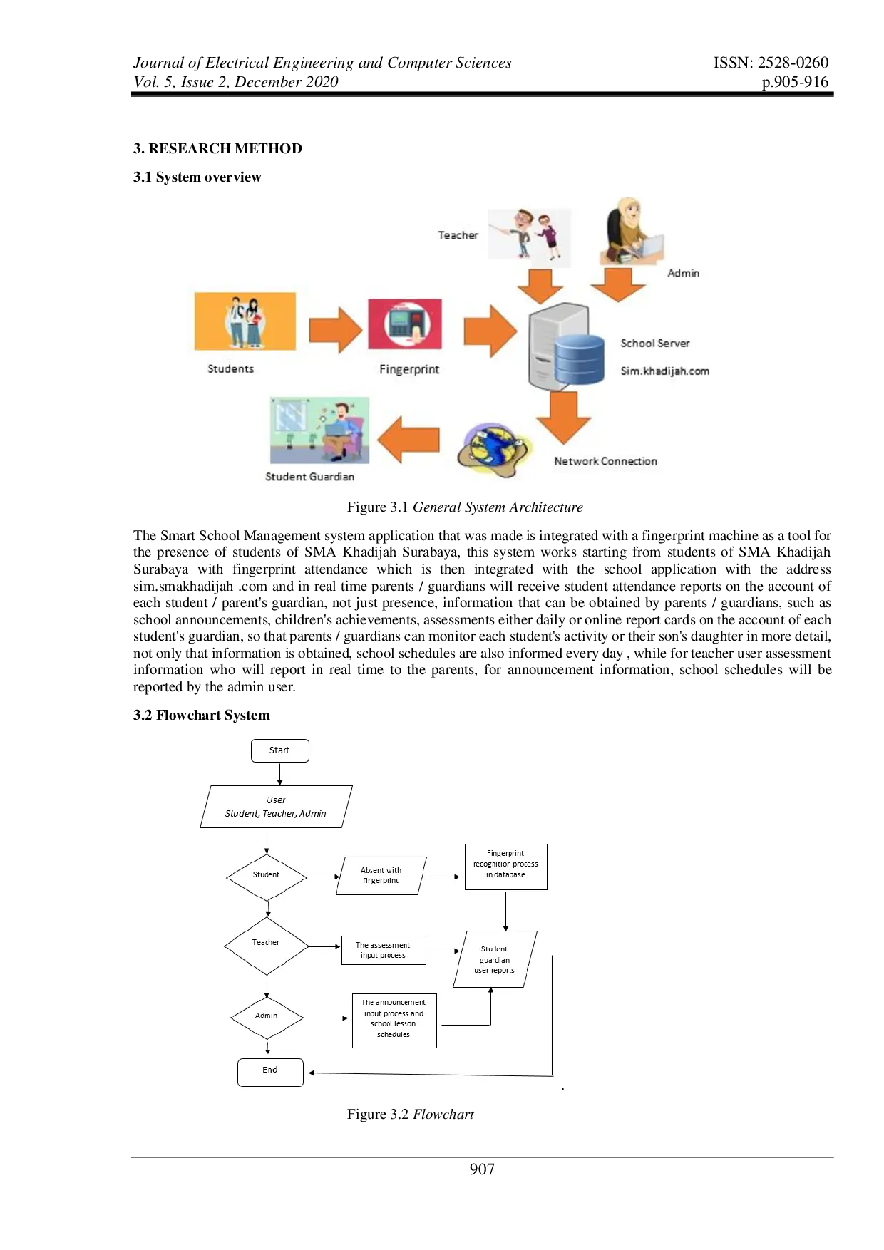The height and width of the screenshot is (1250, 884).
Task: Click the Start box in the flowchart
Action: coord(279,750)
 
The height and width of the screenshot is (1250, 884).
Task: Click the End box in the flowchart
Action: coord(270,1072)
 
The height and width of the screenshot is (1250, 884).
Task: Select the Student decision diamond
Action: coord(267,876)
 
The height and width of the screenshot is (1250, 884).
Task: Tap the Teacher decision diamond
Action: coord(266,944)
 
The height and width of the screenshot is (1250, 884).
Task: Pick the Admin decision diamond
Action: coord(267,1017)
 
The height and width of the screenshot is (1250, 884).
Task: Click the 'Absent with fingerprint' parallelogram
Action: coord(381,876)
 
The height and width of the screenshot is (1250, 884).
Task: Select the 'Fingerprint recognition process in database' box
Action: coord(505,865)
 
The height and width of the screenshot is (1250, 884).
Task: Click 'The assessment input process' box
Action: coord(384,951)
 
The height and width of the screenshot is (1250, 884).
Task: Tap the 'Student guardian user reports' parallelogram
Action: coord(495,960)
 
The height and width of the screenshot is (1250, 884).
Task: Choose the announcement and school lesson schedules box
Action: coord(394,1020)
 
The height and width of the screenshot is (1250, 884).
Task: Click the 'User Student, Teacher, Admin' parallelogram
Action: coord(277,807)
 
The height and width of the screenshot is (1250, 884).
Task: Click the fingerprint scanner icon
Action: coord(405,324)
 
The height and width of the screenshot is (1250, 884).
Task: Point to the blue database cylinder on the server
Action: coord(579,360)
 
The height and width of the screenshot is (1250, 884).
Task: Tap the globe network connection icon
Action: coord(493,449)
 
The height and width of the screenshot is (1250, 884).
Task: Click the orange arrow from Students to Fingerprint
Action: coord(335,330)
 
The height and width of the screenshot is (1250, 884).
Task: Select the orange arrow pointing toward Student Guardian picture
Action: coord(408,440)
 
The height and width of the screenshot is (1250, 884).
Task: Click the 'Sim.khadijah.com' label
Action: coord(664,371)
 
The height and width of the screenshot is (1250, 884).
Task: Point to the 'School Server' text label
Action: coord(654,344)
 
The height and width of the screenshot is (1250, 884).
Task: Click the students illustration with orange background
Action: coord(245,321)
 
